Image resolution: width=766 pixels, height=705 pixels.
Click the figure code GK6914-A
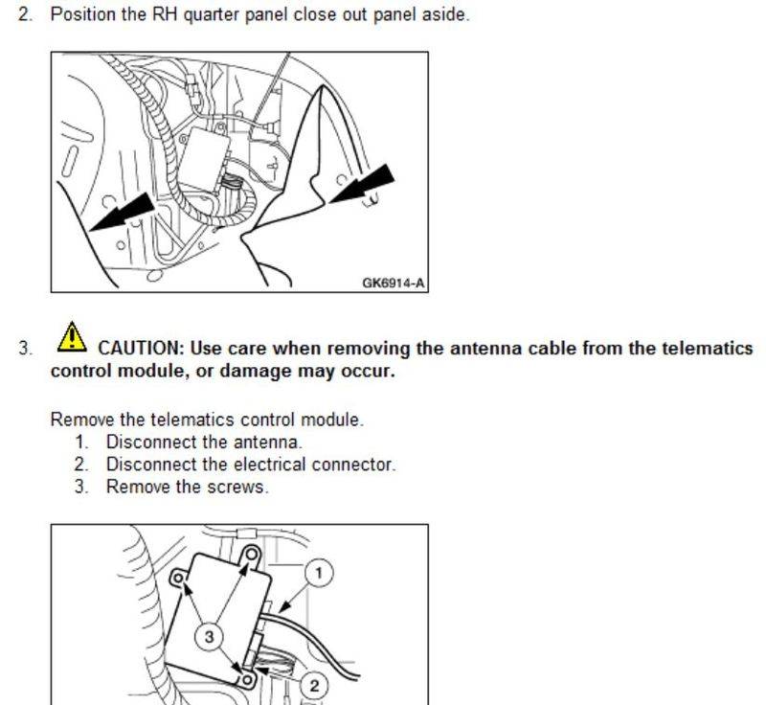[393, 283]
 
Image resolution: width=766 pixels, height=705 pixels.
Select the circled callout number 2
[313, 686]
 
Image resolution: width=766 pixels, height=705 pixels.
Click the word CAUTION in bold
[140, 348]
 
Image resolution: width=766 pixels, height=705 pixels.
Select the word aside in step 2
[447, 15]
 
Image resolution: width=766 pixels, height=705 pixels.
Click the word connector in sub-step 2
[357, 465]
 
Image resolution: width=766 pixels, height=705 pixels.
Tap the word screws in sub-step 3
[237, 487]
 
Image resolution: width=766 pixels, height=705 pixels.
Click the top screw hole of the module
[251, 554]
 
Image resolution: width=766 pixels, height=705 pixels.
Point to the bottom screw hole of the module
[246, 679]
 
